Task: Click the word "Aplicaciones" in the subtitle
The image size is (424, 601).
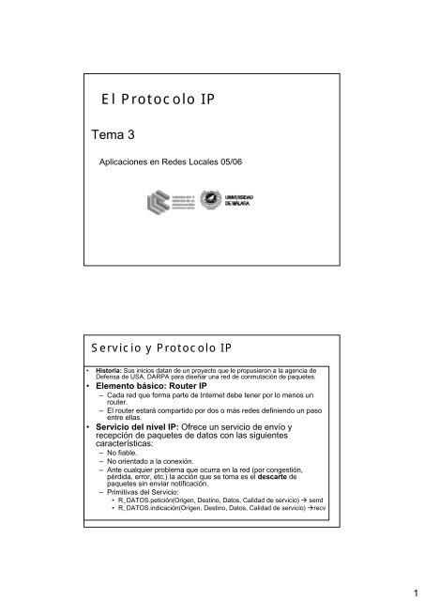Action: tap(128, 162)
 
